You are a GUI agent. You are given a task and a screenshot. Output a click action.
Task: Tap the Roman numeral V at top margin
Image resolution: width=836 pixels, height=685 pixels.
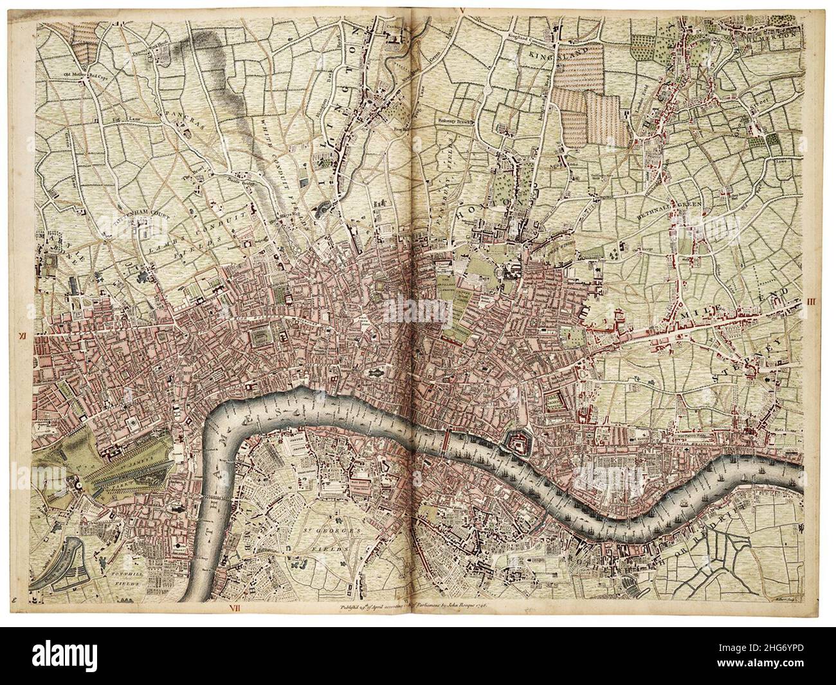(x=461, y=8)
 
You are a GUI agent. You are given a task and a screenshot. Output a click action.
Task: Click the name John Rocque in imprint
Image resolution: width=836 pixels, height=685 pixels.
(x=463, y=605)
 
